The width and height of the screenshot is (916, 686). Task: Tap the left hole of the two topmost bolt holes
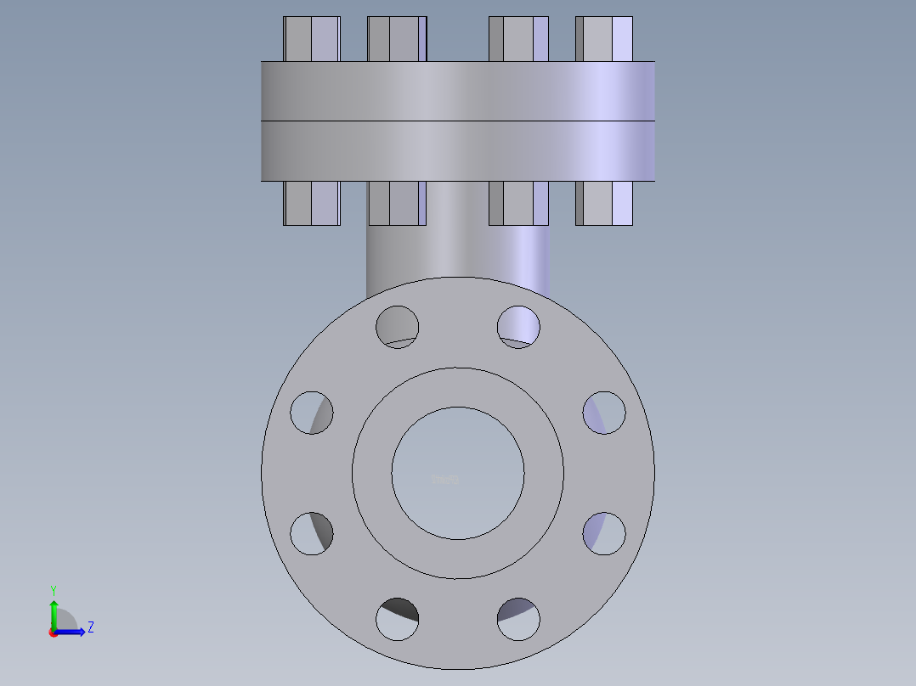pos(398,326)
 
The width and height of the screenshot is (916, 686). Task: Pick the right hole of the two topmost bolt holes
pos(518,326)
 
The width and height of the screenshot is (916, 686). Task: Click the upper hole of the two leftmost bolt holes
pos(312,413)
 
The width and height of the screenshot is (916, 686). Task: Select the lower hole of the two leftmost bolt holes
pos(312,534)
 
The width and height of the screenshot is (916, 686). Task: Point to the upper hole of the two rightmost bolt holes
pos(604,413)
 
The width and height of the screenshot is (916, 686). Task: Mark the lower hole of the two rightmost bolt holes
pos(604,534)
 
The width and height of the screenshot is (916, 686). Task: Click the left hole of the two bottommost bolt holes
pos(398,619)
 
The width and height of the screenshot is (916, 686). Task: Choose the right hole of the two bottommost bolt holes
pos(518,619)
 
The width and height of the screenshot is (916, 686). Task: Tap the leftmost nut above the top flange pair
pos(312,39)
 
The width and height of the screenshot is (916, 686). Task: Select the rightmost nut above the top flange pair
pos(604,39)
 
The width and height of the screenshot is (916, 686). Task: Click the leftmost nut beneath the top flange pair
pos(312,203)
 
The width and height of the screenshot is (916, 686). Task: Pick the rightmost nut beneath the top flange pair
pos(604,203)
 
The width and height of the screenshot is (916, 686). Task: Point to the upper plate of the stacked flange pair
pos(458,91)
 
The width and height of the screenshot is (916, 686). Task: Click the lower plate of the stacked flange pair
pos(458,150)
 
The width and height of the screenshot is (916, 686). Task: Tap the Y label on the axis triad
pos(54,589)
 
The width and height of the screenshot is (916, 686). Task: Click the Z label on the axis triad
pos(90,627)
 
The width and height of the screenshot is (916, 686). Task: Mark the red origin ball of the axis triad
pos(54,633)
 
